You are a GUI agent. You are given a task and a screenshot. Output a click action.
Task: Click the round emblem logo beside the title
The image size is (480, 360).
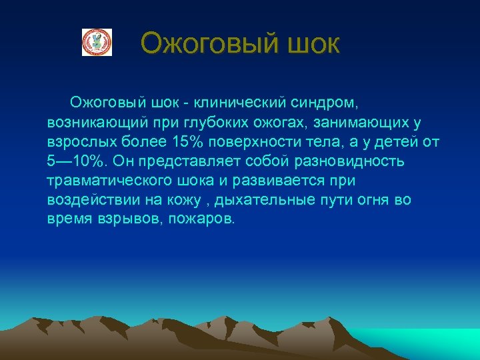pos(97,42)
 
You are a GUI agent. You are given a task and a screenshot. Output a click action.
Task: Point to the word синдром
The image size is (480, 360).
pos(326,103)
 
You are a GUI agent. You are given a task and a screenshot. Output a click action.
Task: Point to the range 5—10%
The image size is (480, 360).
pos(77,161)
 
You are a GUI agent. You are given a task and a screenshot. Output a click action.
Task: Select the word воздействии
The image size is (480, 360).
pos(90,200)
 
